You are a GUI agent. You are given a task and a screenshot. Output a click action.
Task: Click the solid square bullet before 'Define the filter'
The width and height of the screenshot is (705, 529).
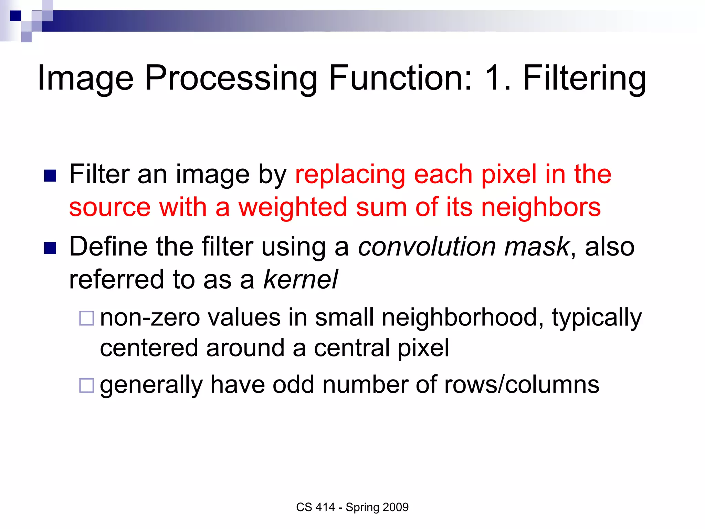[x=50, y=248]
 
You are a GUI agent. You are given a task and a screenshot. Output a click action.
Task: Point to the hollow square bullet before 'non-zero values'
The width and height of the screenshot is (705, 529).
[x=86, y=318]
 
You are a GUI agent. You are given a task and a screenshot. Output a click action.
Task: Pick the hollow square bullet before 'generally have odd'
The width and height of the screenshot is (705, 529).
[x=86, y=385]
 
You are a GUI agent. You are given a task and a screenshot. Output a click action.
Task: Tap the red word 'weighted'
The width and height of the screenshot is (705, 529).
[x=293, y=207]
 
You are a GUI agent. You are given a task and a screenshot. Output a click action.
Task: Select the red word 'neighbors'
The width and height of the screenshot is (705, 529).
[x=541, y=207]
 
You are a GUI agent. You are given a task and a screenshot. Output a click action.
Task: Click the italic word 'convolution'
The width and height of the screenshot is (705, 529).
[x=427, y=247]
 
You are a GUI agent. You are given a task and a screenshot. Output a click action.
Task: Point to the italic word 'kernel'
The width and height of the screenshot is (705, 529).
[x=301, y=279]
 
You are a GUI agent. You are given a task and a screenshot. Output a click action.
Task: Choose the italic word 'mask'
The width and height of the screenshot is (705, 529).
[x=536, y=247]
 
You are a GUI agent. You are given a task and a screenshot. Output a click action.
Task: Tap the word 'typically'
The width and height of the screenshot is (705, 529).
[x=597, y=317]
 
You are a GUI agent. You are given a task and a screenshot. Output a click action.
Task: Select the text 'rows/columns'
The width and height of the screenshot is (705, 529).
[x=522, y=385]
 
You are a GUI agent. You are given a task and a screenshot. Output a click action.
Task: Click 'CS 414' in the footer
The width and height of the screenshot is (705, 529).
[x=315, y=507]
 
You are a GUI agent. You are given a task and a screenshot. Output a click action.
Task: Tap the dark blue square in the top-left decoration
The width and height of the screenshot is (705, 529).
[x=15, y=16]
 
